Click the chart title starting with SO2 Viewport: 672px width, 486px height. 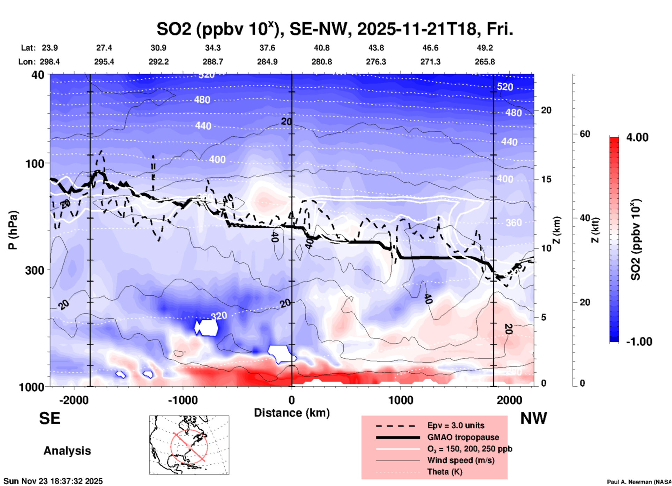[335, 29]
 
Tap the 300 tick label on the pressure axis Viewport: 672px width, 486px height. [35, 270]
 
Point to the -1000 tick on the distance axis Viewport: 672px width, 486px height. [183, 400]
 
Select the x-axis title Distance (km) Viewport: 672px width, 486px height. [292, 413]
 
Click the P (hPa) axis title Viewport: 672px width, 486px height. [13, 230]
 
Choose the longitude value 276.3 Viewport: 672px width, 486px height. [376, 62]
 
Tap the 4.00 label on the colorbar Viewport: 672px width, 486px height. [637, 137]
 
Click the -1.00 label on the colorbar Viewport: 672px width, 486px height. [639, 342]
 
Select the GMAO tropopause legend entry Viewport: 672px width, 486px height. [463, 437]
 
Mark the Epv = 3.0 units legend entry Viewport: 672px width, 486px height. [456, 425]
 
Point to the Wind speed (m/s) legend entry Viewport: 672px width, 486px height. [461, 460]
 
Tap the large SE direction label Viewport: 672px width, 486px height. [50, 418]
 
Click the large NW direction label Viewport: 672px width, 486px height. [533, 418]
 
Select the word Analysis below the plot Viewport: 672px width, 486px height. [67, 451]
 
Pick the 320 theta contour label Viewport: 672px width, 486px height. [219, 316]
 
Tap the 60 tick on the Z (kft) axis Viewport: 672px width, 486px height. [585, 134]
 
